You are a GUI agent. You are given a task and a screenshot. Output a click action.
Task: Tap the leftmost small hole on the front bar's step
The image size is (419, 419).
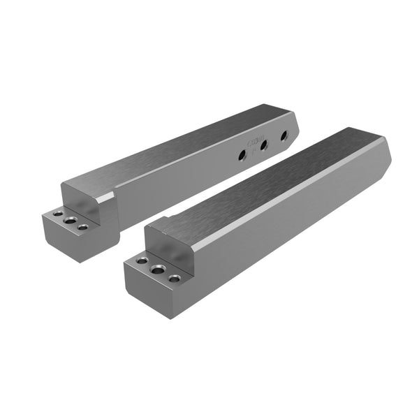coord(142,260)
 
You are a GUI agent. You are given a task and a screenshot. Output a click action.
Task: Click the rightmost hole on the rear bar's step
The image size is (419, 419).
coord(83,227)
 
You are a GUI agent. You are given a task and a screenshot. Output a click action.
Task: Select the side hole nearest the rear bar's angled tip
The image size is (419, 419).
coord(284,136)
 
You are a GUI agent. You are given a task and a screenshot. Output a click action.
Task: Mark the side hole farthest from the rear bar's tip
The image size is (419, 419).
coord(242,155)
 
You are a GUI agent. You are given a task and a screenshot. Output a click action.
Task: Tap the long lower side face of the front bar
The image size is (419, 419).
coord(293,223)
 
